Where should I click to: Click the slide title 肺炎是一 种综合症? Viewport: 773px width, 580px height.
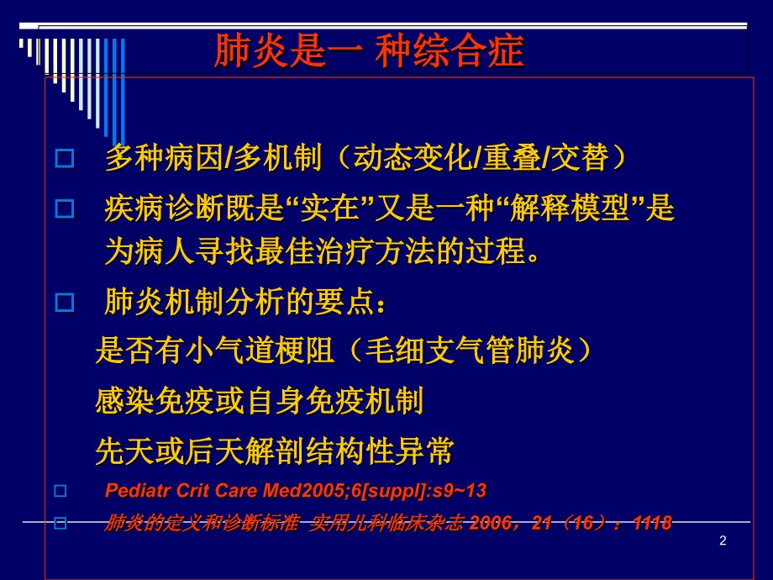[369, 51]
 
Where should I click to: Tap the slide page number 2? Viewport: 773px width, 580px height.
[723, 540]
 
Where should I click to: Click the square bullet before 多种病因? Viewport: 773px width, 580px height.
[65, 158]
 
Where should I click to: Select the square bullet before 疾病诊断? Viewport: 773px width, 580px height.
[65, 208]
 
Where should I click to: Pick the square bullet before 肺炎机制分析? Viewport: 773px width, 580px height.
[65, 303]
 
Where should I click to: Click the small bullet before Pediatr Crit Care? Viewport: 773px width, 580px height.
[60, 491]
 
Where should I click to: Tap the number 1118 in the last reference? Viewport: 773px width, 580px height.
[651, 523]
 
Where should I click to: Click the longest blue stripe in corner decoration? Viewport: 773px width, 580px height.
[123, 92]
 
